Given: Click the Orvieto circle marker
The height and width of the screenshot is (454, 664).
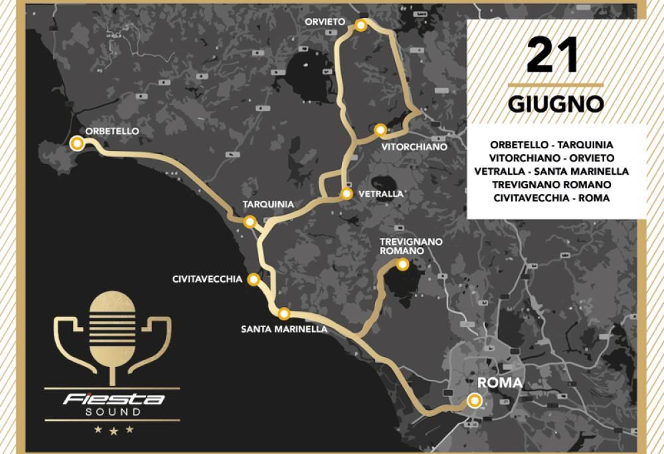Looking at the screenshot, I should (361, 25).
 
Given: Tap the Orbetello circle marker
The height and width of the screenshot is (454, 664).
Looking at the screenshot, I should (78, 143).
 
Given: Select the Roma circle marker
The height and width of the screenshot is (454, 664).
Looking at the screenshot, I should (473, 400).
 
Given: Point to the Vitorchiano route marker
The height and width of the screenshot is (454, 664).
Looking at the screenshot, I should (380, 130).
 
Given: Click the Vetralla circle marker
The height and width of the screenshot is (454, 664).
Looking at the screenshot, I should (346, 194).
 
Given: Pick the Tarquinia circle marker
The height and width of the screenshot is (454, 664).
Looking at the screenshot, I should (250, 222).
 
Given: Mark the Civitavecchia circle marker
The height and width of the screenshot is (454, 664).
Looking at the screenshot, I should (253, 280).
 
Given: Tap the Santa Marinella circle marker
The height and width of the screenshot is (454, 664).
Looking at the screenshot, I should (284, 314).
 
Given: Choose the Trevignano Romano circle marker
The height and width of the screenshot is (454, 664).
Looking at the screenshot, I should (402, 265).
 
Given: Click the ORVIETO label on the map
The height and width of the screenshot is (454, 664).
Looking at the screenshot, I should (325, 22).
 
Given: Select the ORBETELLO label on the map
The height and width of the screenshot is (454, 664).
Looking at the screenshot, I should (112, 132).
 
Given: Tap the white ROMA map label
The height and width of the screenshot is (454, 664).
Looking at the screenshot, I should (500, 384).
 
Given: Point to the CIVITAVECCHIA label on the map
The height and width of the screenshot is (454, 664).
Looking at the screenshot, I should (207, 280).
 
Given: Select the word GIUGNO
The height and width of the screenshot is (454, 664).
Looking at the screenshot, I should (556, 104).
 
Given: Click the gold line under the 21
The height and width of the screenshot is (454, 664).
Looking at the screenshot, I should (555, 85).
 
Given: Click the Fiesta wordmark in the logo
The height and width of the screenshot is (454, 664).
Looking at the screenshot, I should (114, 399).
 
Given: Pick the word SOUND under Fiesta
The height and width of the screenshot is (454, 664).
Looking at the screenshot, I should (113, 412).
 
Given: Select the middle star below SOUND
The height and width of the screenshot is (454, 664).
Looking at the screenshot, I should (113, 431).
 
